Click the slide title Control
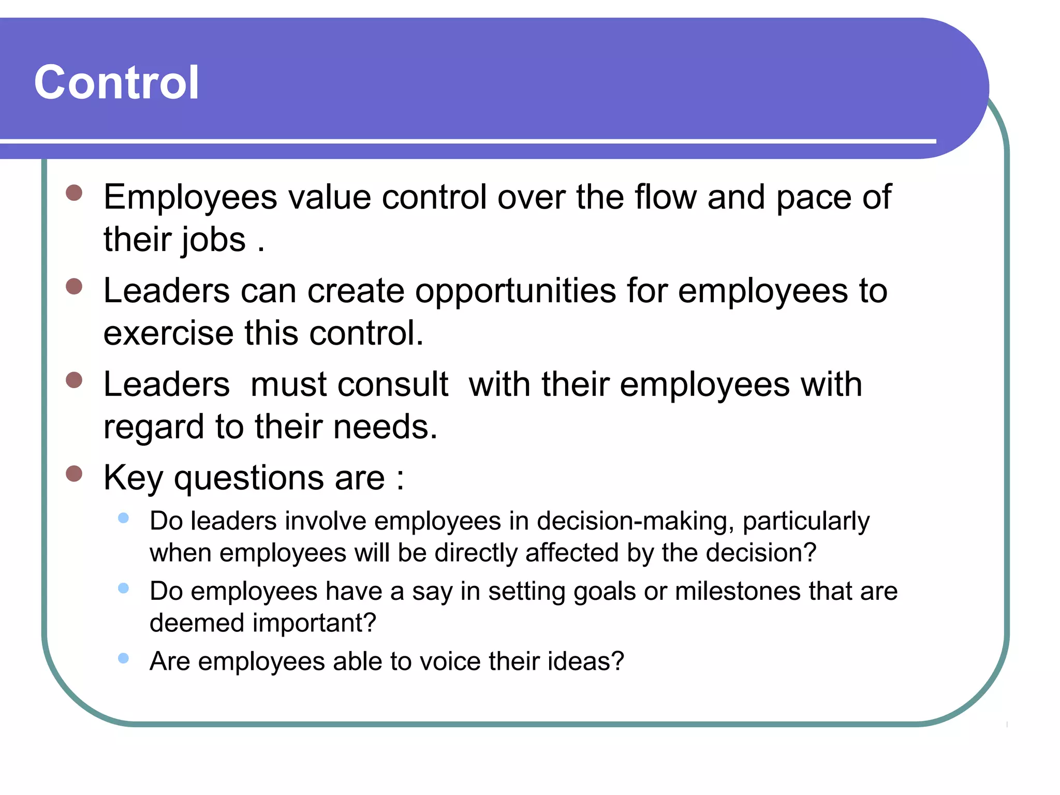tap(116, 83)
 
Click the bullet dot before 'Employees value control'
tap(75, 193)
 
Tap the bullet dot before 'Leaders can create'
tap(75, 286)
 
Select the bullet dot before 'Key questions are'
tap(75, 473)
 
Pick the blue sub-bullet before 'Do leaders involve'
tap(123, 518)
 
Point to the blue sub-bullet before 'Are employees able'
tap(123, 658)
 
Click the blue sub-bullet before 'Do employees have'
tap(123, 588)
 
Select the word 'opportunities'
tap(516, 291)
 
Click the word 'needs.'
tap(386, 427)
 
